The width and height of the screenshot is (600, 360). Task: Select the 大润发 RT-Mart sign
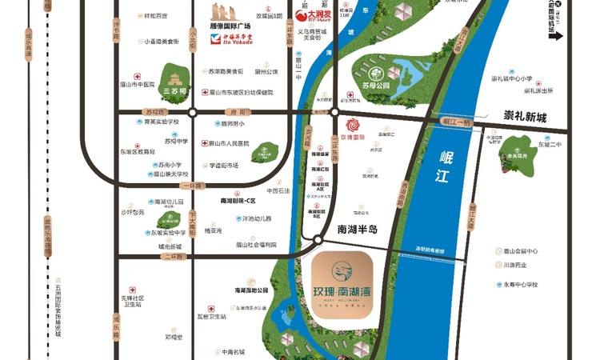(x=309, y=14)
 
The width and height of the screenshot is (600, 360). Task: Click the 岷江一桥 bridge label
(x=458, y=120)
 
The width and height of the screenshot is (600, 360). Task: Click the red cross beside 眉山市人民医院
(x=204, y=144)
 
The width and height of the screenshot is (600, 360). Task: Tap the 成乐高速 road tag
(x=29, y=48)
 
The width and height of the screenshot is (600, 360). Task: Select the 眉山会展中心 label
(x=520, y=250)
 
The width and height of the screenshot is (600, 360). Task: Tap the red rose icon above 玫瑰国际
(x=353, y=125)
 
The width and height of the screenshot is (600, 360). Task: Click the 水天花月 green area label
(x=511, y=155)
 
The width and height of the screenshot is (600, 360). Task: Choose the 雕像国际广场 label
(x=230, y=26)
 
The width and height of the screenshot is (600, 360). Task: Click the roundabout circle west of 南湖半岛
(x=318, y=240)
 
